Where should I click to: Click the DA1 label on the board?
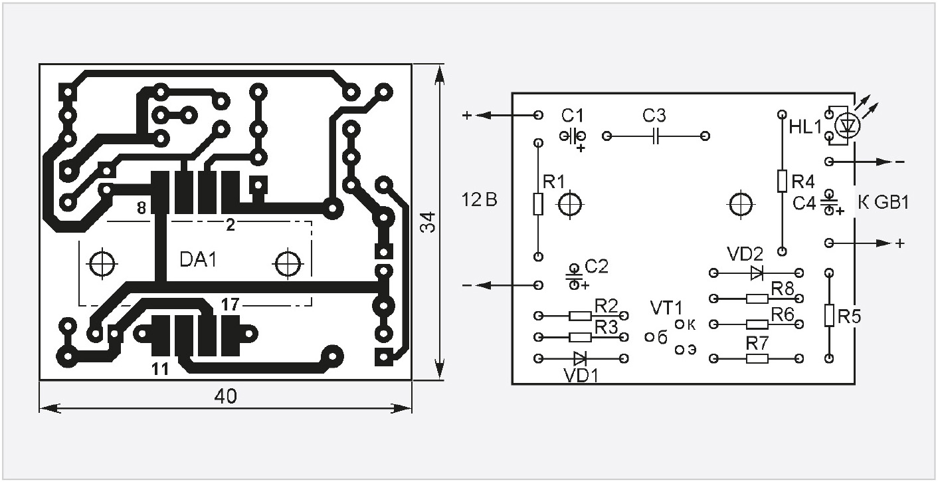tap(199, 260)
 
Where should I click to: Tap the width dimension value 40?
tap(226, 396)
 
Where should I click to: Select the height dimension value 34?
tap(429, 222)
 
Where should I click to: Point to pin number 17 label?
tap(230, 305)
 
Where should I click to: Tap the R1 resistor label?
tap(553, 181)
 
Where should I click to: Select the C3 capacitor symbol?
tap(656, 136)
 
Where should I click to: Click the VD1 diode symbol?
tap(581, 358)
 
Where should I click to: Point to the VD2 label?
tap(745, 254)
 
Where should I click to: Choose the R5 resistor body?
tap(828, 316)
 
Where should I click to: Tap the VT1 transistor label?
tap(666, 308)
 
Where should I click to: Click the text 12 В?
tap(480, 200)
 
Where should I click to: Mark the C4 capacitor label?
tap(804, 203)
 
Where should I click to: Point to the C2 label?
tap(597, 266)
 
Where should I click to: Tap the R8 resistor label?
tap(783, 288)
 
